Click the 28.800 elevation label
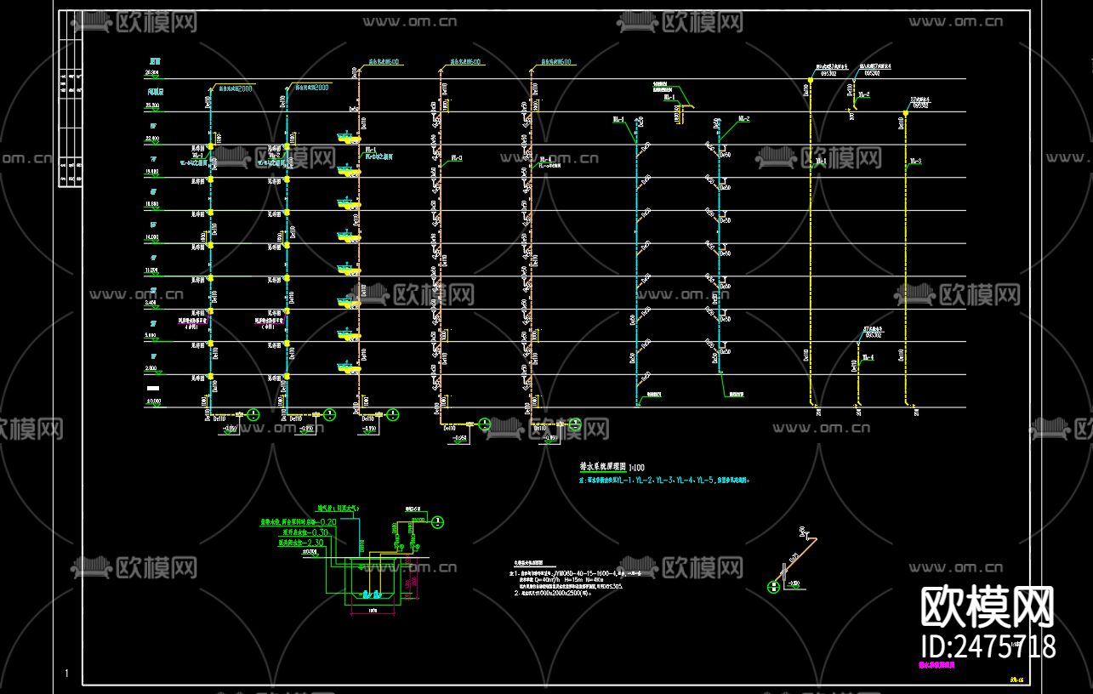click(154, 75)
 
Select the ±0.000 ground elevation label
click(154, 400)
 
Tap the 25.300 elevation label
click(154, 105)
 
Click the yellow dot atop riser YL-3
click(905, 113)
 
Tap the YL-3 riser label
click(915, 161)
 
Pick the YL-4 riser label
click(867, 358)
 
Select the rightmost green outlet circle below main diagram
click(575, 424)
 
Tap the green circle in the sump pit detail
click(437, 520)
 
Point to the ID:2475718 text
click(988, 646)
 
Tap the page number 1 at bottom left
click(66, 674)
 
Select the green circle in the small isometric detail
click(773, 586)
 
